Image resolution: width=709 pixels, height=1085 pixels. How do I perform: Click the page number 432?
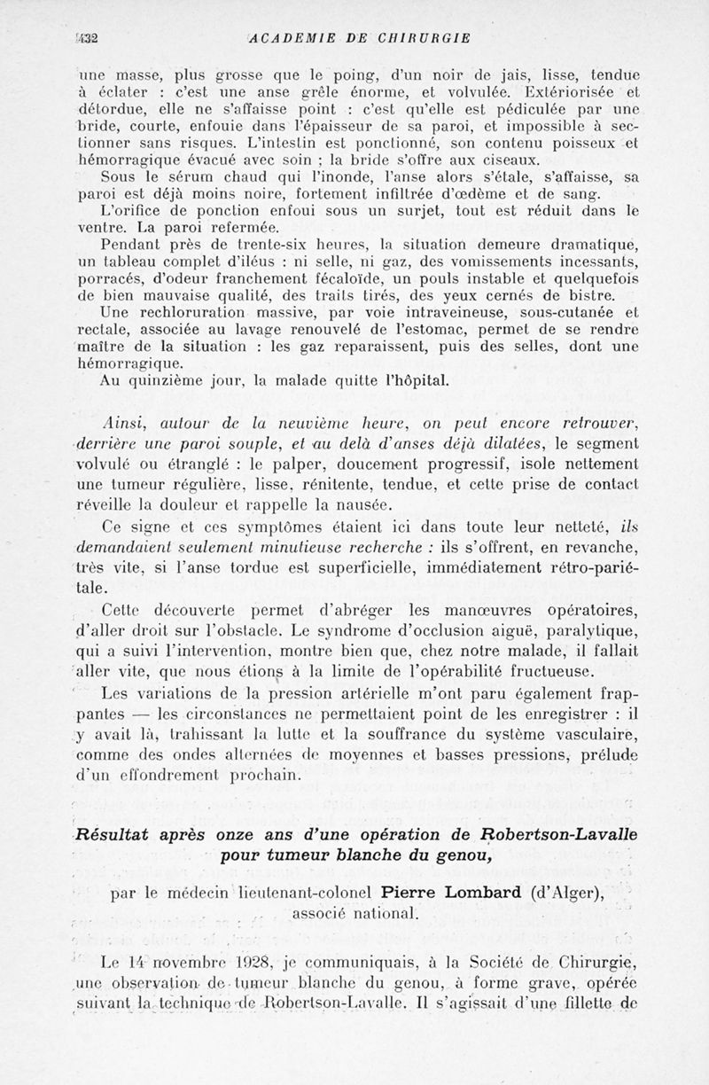(86, 38)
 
